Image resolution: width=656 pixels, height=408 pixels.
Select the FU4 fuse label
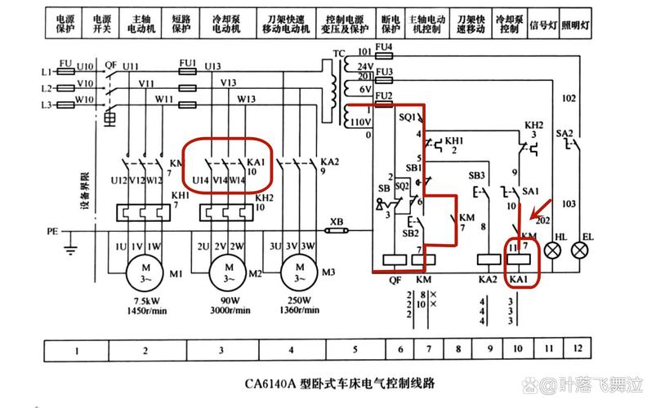tap(383, 47)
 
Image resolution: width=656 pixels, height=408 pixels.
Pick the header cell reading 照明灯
tap(577, 25)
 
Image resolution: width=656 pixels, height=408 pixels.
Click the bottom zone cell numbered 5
tap(355, 351)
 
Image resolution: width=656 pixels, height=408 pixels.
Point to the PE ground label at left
tap(52, 232)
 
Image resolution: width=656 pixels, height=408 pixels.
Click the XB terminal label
tap(336, 221)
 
